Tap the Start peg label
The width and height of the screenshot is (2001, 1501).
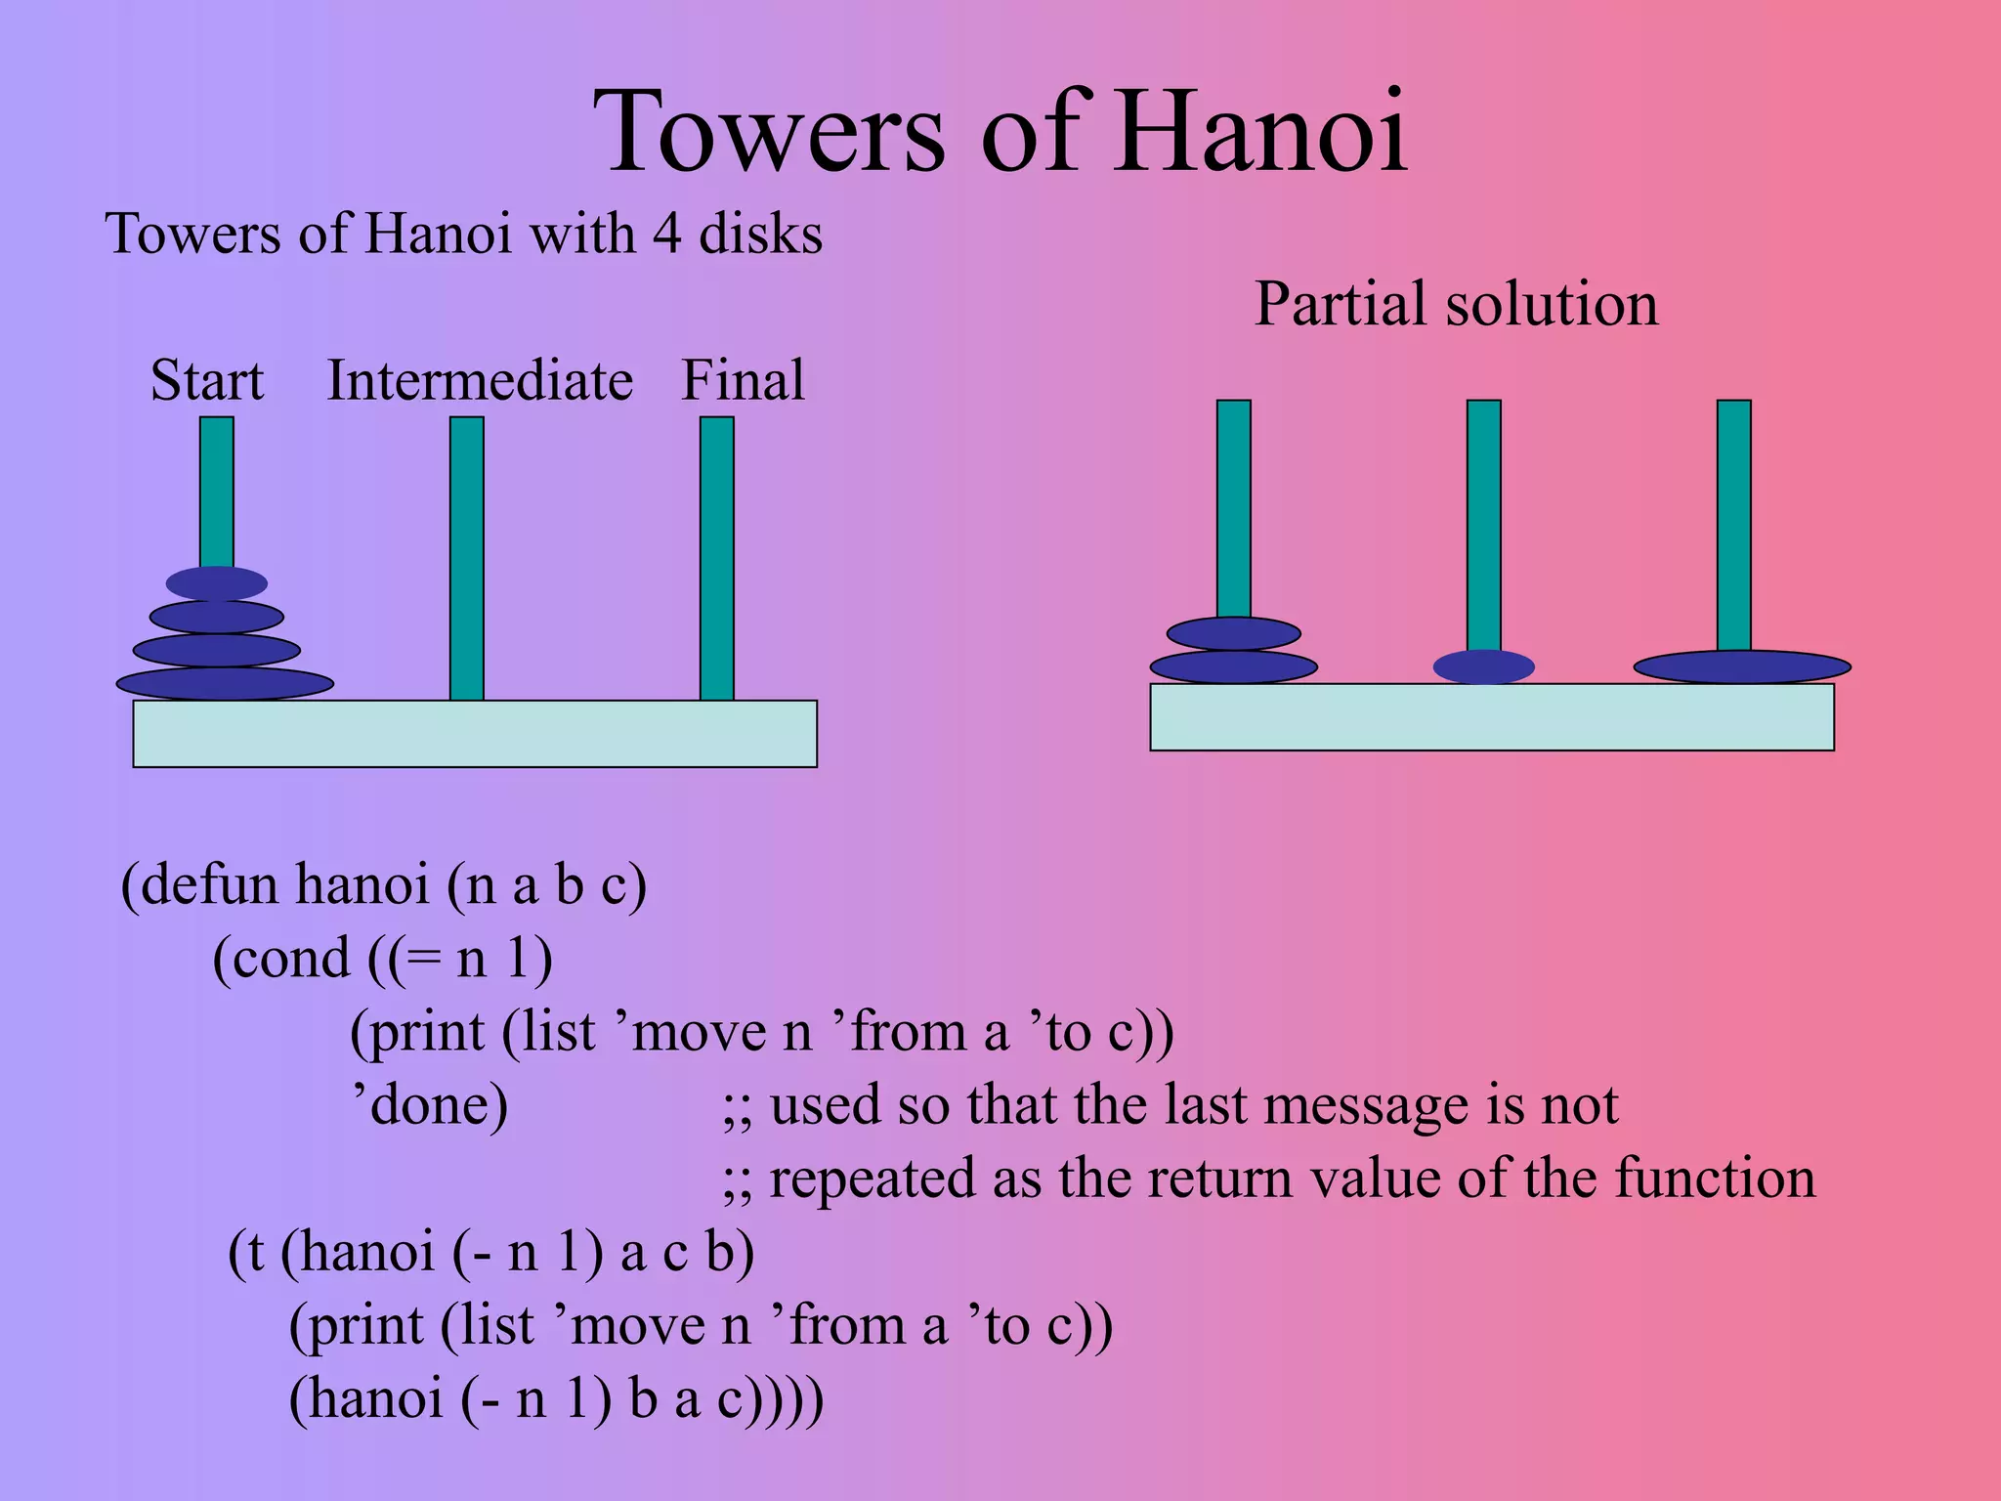point(206,380)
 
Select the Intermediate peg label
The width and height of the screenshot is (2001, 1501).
point(480,380)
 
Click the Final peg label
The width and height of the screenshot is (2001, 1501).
point(743,380)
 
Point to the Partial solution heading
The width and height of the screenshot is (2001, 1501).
point(1456,304)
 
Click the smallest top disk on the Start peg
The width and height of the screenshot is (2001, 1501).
point(217,583)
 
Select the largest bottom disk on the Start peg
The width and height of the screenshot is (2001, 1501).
point(225,684)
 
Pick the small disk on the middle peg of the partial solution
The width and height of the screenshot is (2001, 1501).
point(1483,667)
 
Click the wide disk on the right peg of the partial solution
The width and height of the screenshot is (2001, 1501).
point(1742,667)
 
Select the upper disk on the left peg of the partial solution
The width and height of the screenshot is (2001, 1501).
point(1233,633)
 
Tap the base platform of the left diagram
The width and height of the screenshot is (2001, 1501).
point(475,734)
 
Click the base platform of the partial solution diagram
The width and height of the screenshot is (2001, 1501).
point(1492,717)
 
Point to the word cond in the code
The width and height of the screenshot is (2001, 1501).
point(290,959)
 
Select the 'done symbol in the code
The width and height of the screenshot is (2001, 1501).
point(430,1105)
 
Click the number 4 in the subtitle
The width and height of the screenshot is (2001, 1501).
point(667,235)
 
